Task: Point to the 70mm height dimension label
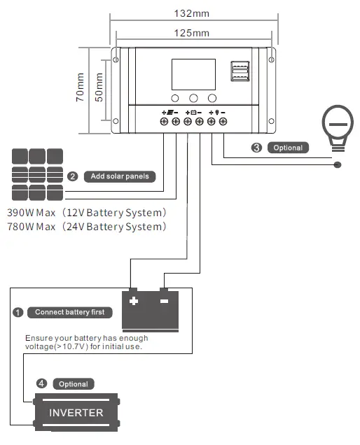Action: pyautogui.click(x=81, y=88)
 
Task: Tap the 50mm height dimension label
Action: pyautogui.click(x=99, y=87)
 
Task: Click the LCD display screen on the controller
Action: pyautogui.click(x=193, y=74)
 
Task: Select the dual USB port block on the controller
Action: pyautogui.click(x=240, y=74)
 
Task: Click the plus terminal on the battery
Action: pyautogui.click(x=133, y=302)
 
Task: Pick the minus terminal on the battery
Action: pyautogui.click(x=165, y=302)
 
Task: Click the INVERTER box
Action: pyautogui.click(x=76, y=413)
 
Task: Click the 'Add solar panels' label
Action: pyautogui.click(x=119, y=176)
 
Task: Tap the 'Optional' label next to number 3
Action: pyautogui.click(x=288, y=148)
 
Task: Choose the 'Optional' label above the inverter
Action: pyautogui.click(x=73, y=384)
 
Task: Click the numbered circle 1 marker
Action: pyautogui.click(x=18, y=312)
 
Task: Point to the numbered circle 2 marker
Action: pyautogui.click(x=72, y=176)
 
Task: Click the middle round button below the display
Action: pyautogui.click(x=193, y=99)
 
